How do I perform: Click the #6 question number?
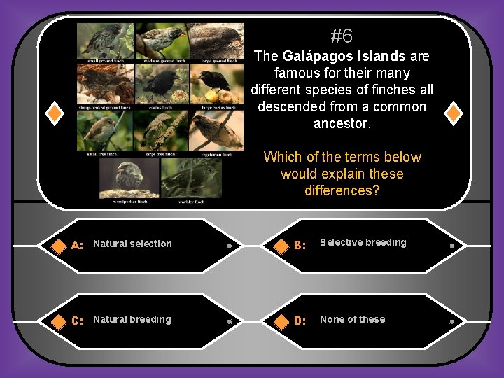pos(342,36)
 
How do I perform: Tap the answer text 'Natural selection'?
pos(132,244)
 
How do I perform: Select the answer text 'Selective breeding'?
pos(363,242)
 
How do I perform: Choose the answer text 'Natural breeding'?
pos(132,319)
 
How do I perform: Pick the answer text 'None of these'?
pos(352,319)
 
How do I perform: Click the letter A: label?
pos(78,245)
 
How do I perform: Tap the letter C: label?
pos(78,321)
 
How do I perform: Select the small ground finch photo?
pos(104,41)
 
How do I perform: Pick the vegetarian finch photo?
pos(217,129)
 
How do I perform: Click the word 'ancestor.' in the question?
pos(342,124)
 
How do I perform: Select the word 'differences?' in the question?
pos(342,190)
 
